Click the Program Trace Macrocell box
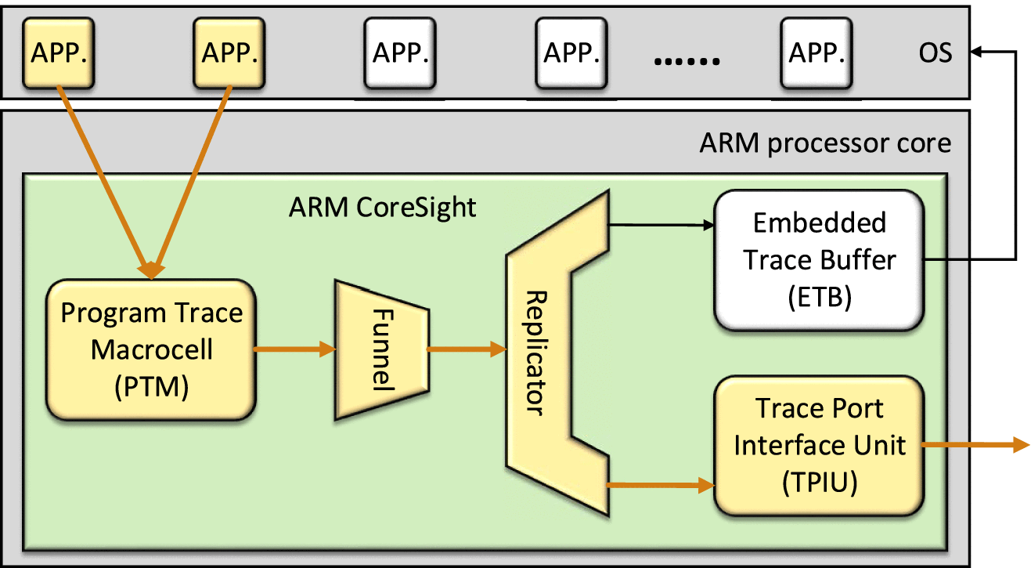point(152,351)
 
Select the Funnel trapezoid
point(381,350)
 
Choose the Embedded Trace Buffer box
point(819,259)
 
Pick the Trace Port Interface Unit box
point(819,446)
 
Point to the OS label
point(935,53)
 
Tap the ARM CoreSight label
point(382,208)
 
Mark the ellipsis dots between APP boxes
point(687,60)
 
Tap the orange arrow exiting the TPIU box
point(975,445)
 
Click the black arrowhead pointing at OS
point(978,52)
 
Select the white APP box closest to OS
point(817,52)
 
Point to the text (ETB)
point(819,298)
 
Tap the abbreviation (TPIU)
point(819,482)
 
